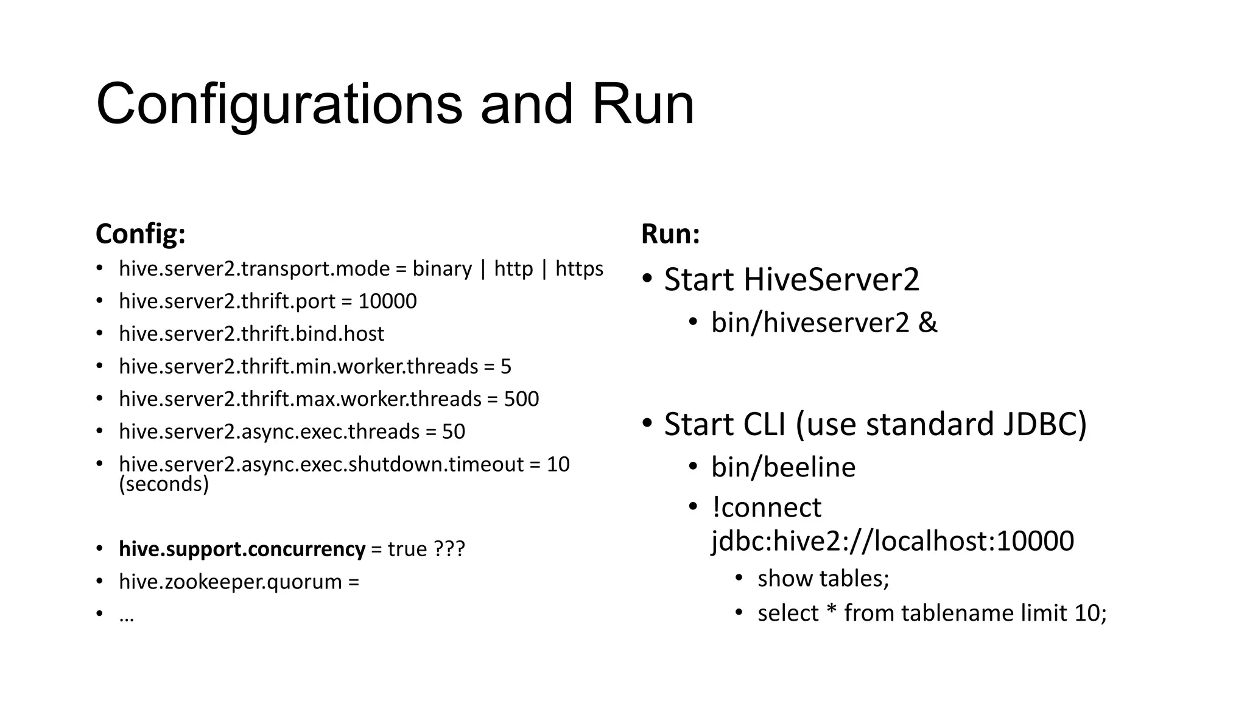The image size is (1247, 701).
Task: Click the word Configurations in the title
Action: (279, 105)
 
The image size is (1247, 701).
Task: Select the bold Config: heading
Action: (141, 234)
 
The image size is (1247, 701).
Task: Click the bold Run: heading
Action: (670, 234)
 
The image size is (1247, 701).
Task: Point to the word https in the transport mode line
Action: (579, 268)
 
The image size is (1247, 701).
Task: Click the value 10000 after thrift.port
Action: (387, 301)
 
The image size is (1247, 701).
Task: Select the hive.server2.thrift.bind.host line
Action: (251, 333)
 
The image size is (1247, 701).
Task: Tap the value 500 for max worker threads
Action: (521, 399)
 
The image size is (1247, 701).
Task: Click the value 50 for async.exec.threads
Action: (453, 431)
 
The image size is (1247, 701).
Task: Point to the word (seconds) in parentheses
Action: (164, 484)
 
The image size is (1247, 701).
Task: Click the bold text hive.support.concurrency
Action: (242, 549)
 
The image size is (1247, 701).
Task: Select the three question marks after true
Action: (449, 549)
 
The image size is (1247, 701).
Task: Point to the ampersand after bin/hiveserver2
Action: (927, 322)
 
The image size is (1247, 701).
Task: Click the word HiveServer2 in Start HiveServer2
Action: (831, 280)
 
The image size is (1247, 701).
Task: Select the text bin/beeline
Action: (783, 467)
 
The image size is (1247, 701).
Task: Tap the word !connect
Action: (767, 507)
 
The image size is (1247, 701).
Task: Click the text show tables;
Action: (823, 578)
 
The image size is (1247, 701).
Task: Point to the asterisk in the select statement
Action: (831, 610)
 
